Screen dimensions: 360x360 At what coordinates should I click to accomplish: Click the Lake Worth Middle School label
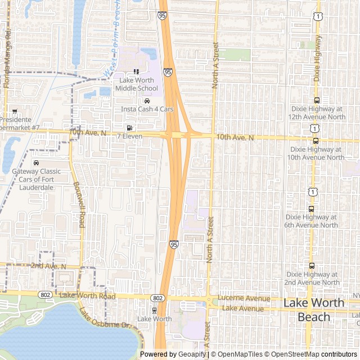point(137,84)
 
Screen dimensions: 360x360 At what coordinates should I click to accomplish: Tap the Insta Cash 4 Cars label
point(147,109)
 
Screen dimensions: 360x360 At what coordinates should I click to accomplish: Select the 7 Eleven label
point(129,136)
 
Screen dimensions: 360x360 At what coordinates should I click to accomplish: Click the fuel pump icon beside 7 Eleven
point(129,128)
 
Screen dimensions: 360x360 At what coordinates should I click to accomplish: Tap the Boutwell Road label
point(78,204)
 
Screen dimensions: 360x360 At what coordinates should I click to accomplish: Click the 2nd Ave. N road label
point(48,265)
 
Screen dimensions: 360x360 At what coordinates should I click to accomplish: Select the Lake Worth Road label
point(87,296)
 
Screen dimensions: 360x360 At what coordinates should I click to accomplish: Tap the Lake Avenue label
point(243,308)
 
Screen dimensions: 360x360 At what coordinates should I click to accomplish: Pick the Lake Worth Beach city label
point(313,310)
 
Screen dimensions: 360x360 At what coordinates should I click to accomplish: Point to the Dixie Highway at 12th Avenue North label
point(317,112)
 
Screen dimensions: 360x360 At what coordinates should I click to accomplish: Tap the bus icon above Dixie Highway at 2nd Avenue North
point(312,266)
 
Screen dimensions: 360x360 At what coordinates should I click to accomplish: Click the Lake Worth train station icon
point(154,310)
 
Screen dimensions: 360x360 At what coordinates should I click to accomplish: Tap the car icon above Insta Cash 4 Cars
point(147,101)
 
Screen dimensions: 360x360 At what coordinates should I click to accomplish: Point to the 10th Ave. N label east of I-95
point(235,137)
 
